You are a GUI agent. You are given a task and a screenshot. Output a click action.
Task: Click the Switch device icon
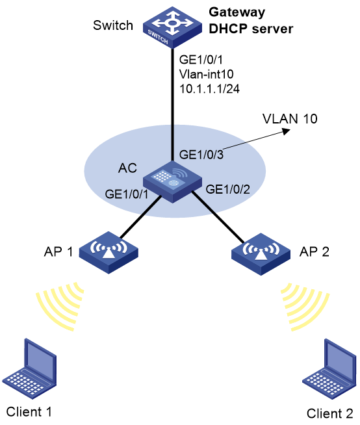(172, 28)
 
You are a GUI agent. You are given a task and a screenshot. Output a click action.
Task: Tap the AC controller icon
(172, 182)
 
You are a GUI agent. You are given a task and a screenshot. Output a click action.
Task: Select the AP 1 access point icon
(109, 253)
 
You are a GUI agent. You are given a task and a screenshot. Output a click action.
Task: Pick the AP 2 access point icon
(261, 254)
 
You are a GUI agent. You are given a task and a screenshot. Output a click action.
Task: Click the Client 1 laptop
(29, 368)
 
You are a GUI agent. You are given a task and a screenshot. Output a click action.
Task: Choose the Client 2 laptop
(329, 369)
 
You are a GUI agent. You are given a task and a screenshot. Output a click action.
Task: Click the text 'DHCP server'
(251, 29)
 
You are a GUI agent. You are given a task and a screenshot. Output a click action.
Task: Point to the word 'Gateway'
(237, 12)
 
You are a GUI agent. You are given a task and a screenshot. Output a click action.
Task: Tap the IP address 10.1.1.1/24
(209, 88)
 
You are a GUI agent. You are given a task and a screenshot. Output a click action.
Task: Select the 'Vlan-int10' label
(206, 74)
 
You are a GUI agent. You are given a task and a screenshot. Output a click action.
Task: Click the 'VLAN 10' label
(290, 119)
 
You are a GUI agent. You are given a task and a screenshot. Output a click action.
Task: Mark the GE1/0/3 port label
(201, 155)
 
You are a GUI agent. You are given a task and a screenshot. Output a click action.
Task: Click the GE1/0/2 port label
(227, 189)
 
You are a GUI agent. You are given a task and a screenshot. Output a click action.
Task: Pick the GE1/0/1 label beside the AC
(127, 194)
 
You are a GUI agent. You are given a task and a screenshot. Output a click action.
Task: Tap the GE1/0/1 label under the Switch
(201, 59)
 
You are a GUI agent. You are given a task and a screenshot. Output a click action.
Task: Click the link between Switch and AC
(172, 105)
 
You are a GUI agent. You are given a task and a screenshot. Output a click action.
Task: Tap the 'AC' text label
(127, 168)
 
